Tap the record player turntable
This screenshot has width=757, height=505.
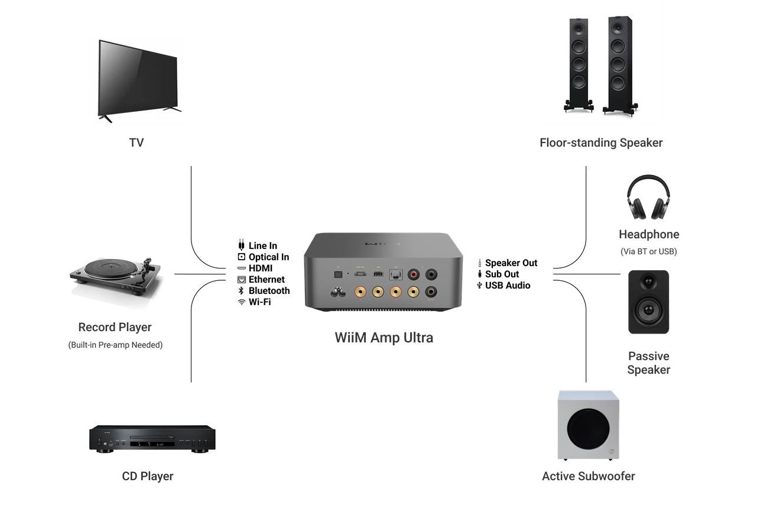click(116, 274)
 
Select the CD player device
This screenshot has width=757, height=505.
click(152, 438)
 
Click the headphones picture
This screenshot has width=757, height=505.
click(648, 198)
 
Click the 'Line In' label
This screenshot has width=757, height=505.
click(262, 246)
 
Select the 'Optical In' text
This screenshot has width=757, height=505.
click(269, 257)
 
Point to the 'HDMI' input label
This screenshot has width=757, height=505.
click(261, 268)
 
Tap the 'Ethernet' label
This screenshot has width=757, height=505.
click(267, 280)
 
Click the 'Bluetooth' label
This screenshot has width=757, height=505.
click(269, 291)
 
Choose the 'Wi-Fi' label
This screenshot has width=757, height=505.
click(260, 302)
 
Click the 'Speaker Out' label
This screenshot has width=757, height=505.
click(511, 263)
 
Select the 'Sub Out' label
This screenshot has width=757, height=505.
click(502, 274)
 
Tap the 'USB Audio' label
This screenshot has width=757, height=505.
click(508, 286)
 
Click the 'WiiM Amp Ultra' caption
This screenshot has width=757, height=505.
click(384, 338)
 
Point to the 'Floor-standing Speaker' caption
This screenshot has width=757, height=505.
click(601, 143)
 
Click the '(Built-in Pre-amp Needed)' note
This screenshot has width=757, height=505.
click(115, 345)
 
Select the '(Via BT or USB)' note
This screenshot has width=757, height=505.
click(649, 251)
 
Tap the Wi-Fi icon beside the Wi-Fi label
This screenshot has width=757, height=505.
click(241, 302)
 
